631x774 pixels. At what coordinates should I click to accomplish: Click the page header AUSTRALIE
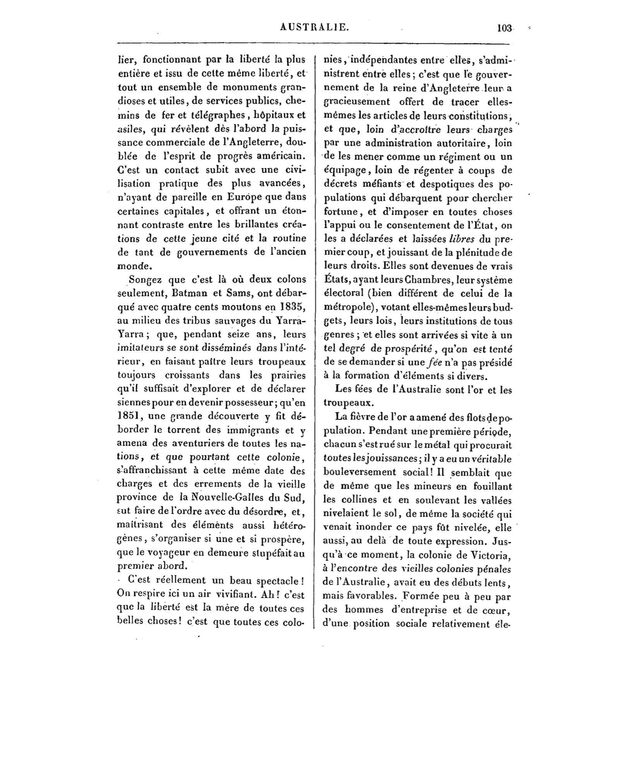[x=314, y=27]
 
